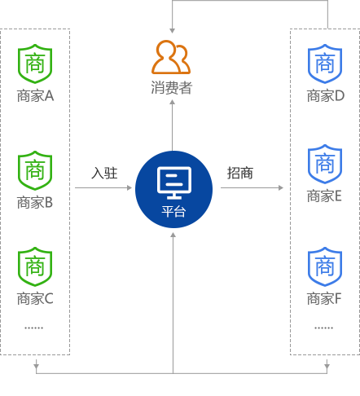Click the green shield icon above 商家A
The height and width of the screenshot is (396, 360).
tap(35, 64)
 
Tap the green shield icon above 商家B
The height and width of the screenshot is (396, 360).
tap(35, 170)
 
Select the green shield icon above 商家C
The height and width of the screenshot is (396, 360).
tap(35, 266)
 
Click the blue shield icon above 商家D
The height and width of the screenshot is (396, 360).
tap(325, 64)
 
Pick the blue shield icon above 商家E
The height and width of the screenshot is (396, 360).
tap(325, 164)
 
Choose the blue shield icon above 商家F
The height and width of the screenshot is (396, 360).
tap(325, 266)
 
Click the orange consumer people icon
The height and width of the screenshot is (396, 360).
tap(171, 57)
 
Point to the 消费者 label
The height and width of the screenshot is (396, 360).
tap(172, 88)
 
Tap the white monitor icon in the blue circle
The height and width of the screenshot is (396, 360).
tap(174, 183)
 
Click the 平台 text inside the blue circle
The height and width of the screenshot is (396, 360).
tap(173, 211)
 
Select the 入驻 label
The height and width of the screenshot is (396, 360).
tap(104, 173)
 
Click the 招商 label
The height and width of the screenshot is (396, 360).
tap(240, 173)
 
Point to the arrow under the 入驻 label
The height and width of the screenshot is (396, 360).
tap(103, 187)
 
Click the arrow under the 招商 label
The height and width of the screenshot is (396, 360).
tap(252, 187)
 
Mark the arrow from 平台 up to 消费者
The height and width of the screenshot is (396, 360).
tap(172, 125)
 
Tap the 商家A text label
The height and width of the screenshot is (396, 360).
tap(35, 96)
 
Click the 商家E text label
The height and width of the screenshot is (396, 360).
tap(324, 196)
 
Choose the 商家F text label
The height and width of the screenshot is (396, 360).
tap(324, 299)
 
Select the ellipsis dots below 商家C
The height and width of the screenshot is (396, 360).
tap(34, 328)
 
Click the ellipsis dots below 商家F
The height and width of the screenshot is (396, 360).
tap(324, 328)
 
